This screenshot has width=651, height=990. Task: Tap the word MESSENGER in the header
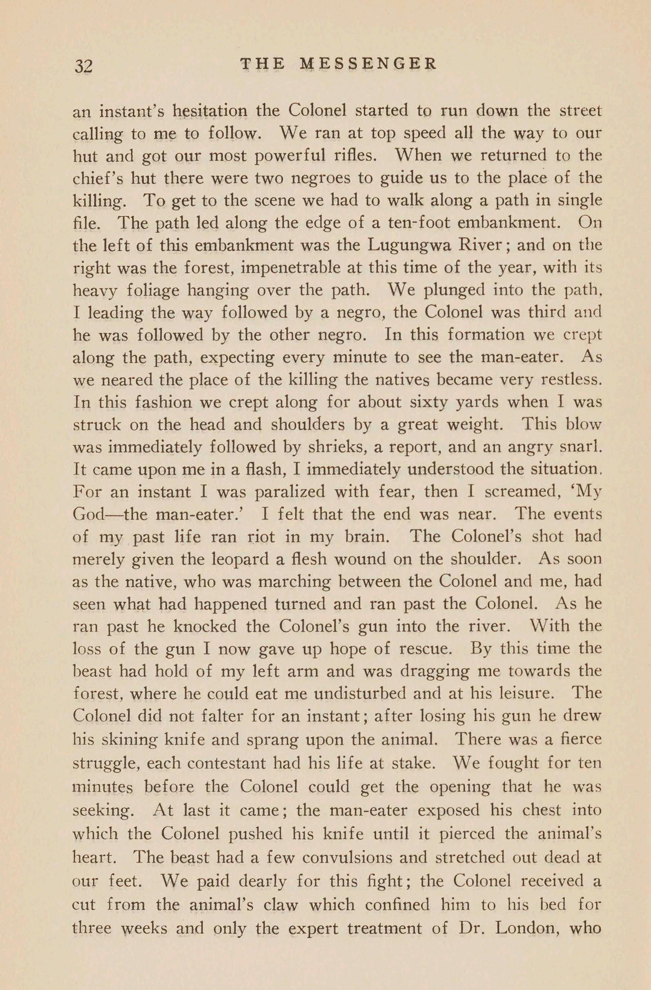click(368, 64)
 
